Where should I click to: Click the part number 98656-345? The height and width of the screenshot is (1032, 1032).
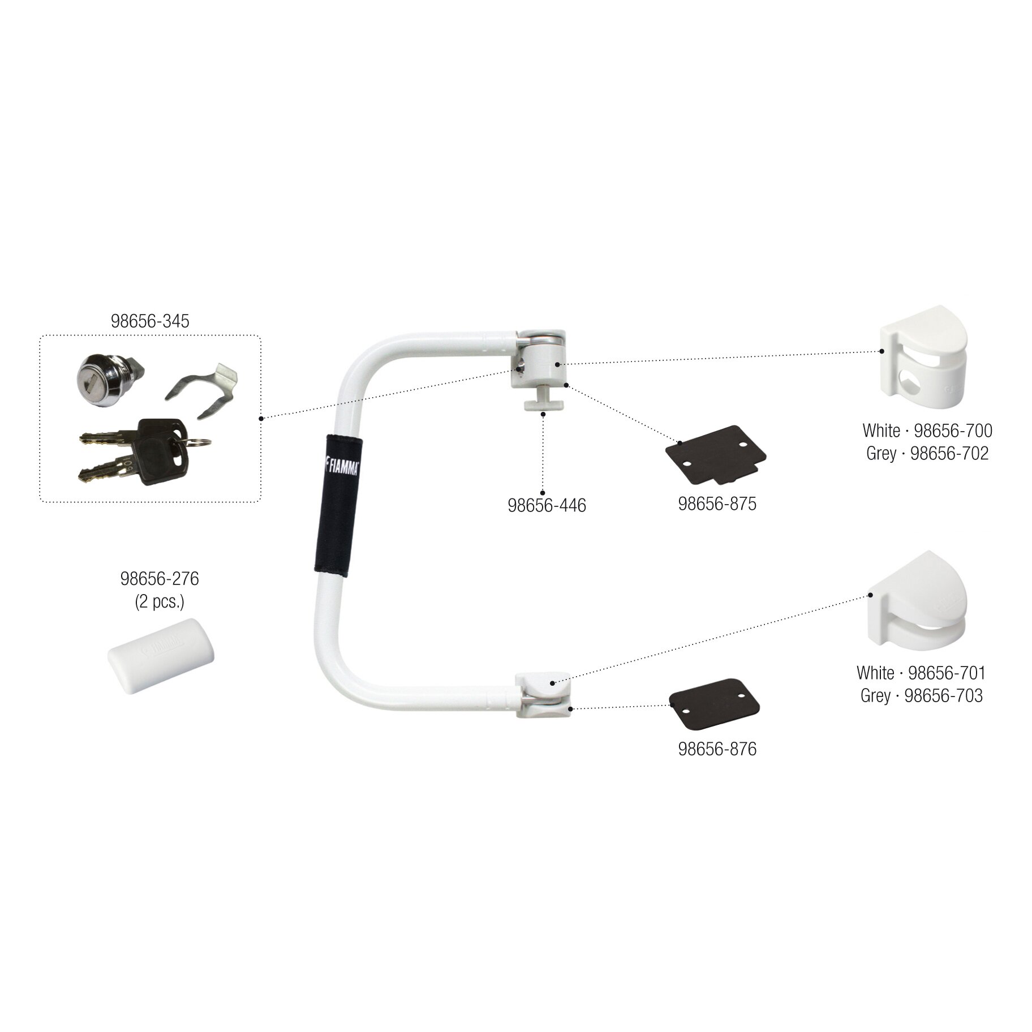pos(150,321)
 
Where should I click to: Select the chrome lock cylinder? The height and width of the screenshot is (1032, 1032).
pos(102,372)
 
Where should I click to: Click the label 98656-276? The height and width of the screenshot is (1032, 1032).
pos(160,579)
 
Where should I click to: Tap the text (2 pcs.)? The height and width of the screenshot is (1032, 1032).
pos(160,601)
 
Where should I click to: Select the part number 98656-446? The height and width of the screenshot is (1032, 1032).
pos(547,505)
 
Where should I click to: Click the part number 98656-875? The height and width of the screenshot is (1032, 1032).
pos(717,504)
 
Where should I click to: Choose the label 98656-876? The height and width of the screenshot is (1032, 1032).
pos(717,749)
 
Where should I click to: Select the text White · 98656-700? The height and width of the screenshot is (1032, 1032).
pos(927,431)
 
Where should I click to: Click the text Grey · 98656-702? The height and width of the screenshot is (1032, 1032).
pos(927,453)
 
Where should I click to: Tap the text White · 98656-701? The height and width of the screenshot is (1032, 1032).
pos(921,673)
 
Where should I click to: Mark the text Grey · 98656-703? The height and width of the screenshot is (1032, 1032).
pos(921,695)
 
